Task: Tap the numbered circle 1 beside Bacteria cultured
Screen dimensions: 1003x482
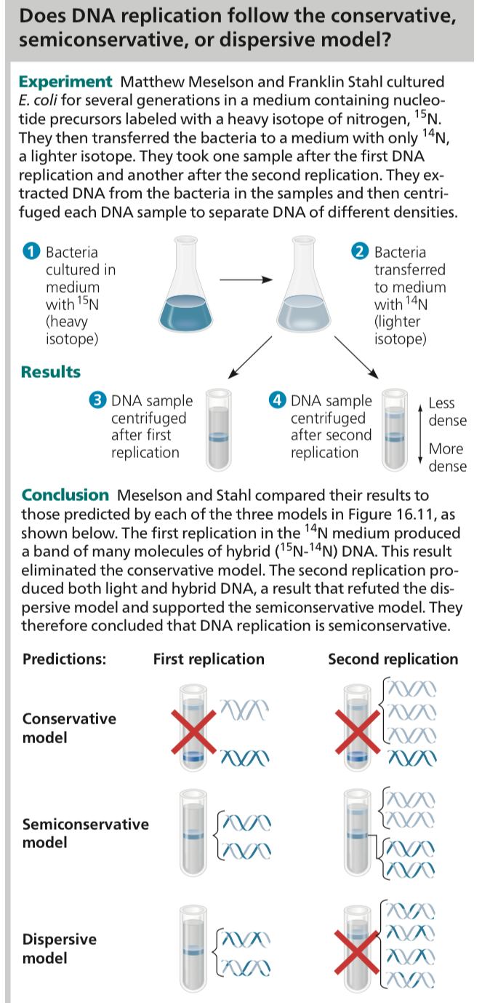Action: tap(30, 253)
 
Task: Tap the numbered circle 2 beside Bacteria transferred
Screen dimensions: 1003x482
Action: tap(359, 253)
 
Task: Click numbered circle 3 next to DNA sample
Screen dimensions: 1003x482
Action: tap(96, 401)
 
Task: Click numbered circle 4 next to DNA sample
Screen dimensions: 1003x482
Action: tap(276, 401)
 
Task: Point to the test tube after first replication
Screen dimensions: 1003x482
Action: tap(217, 429)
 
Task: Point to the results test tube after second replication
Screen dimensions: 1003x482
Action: tap(393, 429)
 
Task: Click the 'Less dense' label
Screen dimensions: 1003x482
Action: tap(447, 411)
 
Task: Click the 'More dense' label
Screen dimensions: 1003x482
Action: tap(447, 457)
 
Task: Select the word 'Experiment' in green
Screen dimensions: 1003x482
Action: tap(65, 82)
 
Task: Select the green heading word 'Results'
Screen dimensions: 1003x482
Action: tap(51, 372)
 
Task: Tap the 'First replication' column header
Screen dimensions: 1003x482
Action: tap(209, 659)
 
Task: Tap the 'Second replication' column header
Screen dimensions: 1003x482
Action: tap(393, 659)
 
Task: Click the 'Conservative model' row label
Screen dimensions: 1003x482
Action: tap(69, 728)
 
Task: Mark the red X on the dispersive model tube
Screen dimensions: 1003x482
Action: tap(358, 948)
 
